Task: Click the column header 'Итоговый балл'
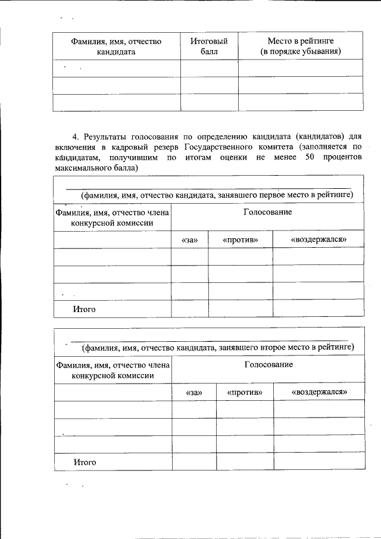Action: pyautogui.click(x=209, y=46)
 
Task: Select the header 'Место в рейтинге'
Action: pyautogui.click(x=301, y=40)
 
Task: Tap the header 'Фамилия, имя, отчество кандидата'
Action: pyautogui.click(x=116, y=46)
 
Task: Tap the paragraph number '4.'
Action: pyautogui.click(x=76, y=136)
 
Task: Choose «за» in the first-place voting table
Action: pyautogui.click(x=189, y=239)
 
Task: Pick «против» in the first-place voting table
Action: pyautogui.click(x=240, y=239)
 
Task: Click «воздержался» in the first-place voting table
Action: pyautogui.click(x=318, y=239)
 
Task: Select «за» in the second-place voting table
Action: pyautogui.click(x=194, y=392)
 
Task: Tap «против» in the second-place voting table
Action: pyautogui.click(x=245, y=392)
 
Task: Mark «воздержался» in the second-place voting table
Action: pyautogui.click(x=319, y=392)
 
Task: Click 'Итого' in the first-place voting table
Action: pyautogui.click(x=84, y=310)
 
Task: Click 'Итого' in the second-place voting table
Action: pyautogui.click(x=85, y=462)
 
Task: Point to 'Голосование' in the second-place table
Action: pyautogui.click(x=268, y=364)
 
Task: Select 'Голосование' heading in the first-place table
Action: pyautogui.click(x=267, y=213)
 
